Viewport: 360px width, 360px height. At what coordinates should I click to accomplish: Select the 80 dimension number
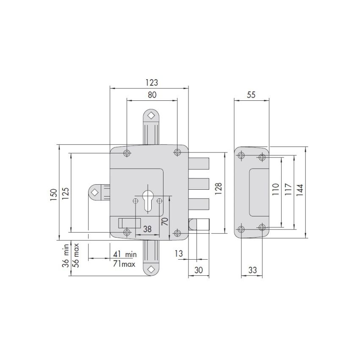pos(152,95)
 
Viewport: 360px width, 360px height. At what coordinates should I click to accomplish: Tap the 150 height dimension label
pos(53,193)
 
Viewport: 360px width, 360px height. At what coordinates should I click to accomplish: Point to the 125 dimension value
pos(66,193)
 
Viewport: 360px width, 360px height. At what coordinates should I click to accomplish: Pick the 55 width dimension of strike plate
pos(251,95)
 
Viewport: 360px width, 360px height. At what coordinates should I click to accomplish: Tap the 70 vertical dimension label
pos(165,222)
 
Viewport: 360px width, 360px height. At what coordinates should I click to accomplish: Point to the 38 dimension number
pos(147,229)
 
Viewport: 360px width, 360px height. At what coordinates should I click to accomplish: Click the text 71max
pos(125,264)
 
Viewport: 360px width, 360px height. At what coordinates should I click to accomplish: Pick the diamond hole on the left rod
pos(94,192)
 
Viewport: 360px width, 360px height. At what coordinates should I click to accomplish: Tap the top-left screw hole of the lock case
pos(127,152)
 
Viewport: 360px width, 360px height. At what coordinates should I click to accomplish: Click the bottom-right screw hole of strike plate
pos(262,229)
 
